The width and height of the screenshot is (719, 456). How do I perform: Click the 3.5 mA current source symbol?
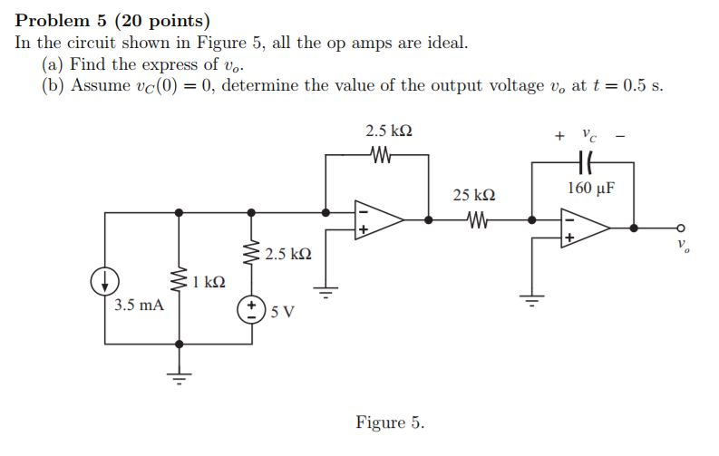tap(105, 282)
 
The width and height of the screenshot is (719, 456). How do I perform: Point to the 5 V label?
tap(283, 313)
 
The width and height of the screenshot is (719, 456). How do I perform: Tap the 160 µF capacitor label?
tap(591, 189)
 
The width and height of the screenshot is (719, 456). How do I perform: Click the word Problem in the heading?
tap(53, 19)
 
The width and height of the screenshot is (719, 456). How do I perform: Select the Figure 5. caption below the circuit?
tap(390, 422)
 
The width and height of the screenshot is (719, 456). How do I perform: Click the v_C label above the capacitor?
tap(589, 136)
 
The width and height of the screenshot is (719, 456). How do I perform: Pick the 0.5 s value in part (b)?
tap(638, 87)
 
